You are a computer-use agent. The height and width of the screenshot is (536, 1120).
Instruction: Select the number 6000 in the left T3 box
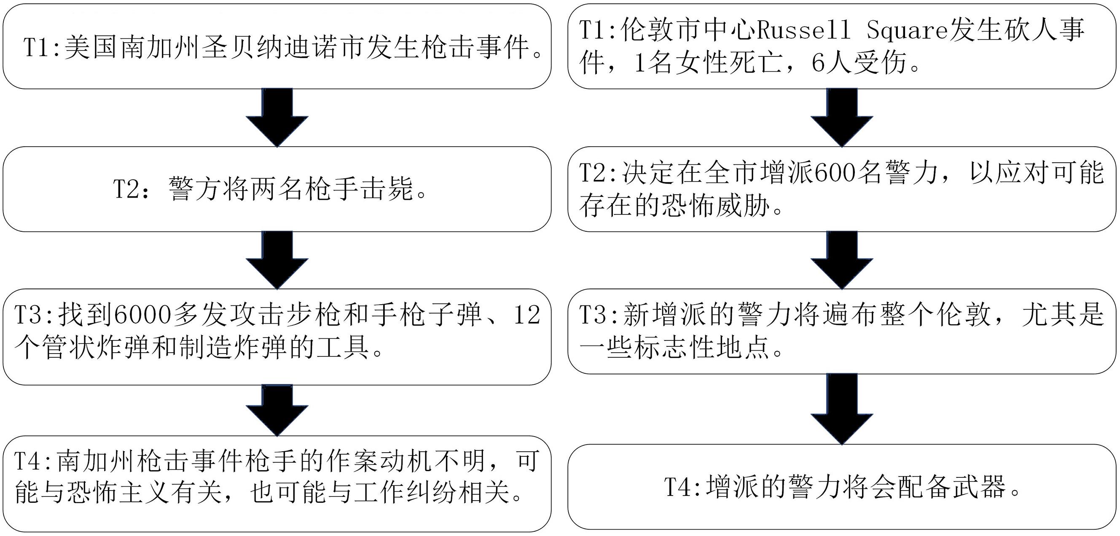point(143,315)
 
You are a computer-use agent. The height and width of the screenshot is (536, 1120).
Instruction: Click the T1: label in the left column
point(42,48)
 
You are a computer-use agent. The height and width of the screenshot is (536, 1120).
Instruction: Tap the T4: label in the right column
point(682,487)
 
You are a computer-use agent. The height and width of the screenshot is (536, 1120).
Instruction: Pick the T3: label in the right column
point(598,315)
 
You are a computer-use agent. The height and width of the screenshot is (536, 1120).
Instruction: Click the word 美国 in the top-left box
point(91,48)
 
